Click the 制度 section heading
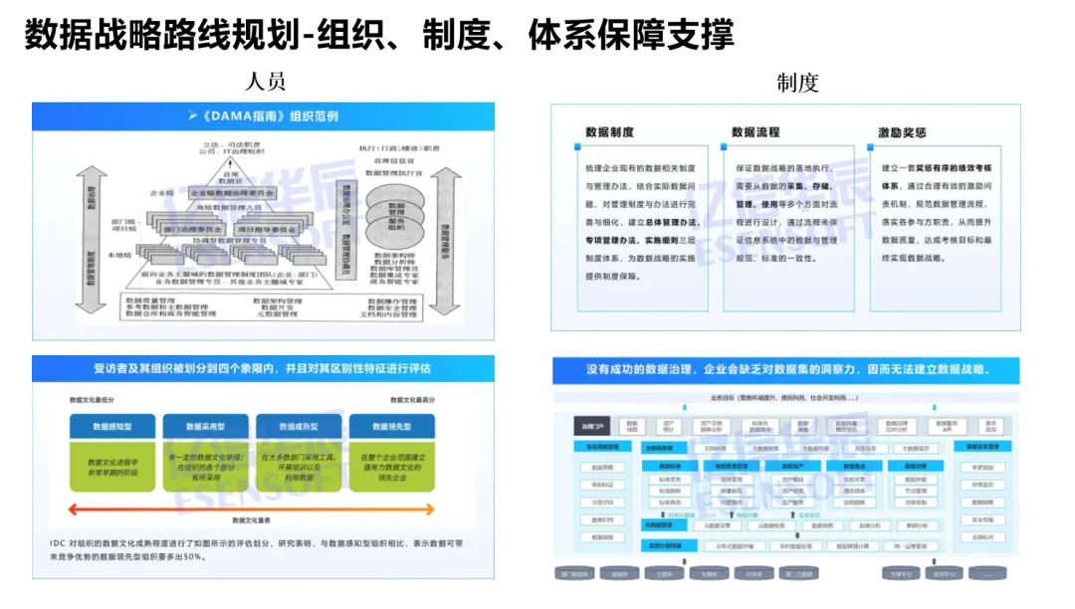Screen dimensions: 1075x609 coord(797,83)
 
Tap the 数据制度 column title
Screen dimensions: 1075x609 coord(610,132)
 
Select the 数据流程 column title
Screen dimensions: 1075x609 coord(755,132)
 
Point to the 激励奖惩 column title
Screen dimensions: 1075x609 coord(902,132)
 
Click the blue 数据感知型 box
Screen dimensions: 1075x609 coord(112,426)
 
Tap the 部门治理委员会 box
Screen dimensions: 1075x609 coord(191,229)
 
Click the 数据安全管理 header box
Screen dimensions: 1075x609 coord(986,447)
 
